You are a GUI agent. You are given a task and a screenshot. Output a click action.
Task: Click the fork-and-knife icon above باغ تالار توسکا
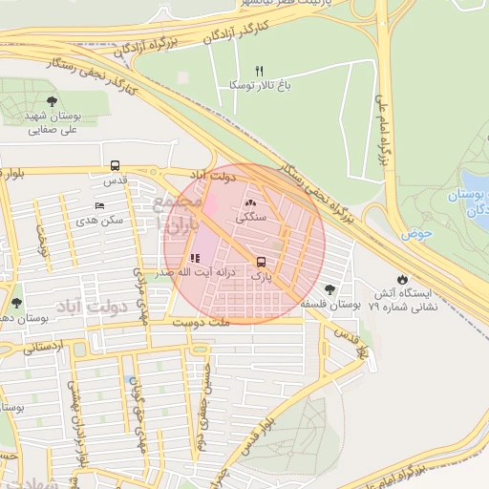(x=258, y=71)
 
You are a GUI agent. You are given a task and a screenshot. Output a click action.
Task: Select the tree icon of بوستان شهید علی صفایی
(x=51, y=100)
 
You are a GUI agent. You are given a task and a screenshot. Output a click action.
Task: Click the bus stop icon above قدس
(x=116, y=165)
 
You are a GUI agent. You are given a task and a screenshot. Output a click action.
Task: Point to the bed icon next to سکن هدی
(x=99, y=206)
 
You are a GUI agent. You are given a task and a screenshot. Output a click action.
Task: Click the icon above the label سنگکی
(x=252, y=202)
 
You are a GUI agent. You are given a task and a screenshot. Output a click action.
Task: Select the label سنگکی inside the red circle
(x=252, y=218)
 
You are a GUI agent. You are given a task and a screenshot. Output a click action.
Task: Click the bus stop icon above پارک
(x=261, y=262)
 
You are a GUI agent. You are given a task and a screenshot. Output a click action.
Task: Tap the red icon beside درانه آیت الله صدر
(x=195, y=258)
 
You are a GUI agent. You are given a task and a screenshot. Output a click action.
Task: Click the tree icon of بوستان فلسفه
(x=330, y=288)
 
